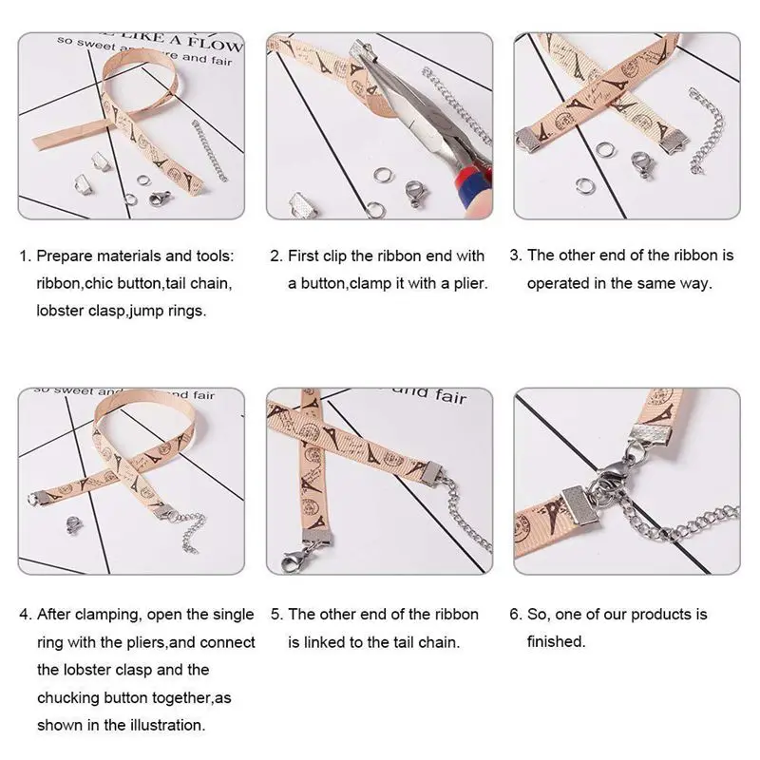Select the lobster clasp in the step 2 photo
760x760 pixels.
[414, 196]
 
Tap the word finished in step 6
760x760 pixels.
[556, 641]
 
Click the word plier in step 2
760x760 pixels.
[469, 283]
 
